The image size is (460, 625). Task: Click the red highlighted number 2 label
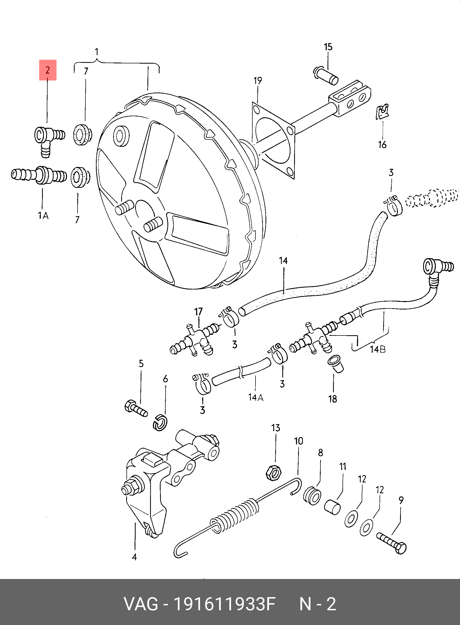click(48, 70)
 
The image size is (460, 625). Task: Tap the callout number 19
click(258, 81)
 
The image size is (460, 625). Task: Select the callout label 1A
click(43, 215)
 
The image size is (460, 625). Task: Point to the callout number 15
click(328, 47)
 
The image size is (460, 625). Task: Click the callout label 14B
click(377, 349)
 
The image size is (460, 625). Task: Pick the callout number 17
click(198, 312)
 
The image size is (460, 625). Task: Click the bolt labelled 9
click(391, 543)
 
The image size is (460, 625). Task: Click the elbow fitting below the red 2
click(48, 139)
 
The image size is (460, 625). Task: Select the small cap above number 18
click(335, 363)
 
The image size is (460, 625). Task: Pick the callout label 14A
click(255, 398)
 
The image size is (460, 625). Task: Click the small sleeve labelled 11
click(332, 507)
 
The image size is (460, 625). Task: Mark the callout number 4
click(134, 557)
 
